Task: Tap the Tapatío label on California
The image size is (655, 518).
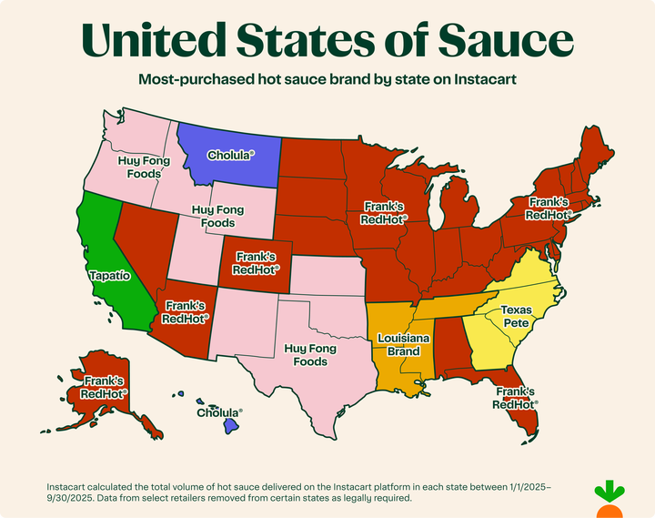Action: [x=110, y=274]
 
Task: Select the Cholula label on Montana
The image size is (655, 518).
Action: [x=230, y=156]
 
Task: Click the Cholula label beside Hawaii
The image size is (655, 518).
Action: [x=220, y=412]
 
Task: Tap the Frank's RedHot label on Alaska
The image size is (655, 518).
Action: [x=103, y=388]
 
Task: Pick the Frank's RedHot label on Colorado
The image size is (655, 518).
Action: [x=256, y=264]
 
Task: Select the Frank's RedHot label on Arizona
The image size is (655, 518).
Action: [x=185, y=312]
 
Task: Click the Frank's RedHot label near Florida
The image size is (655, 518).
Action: [x=516, y=398]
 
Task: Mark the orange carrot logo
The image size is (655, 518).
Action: [x=610, y=503]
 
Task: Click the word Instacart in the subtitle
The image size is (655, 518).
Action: [x=479, y=79]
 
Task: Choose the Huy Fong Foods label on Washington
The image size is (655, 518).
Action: [x=145, y=167]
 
